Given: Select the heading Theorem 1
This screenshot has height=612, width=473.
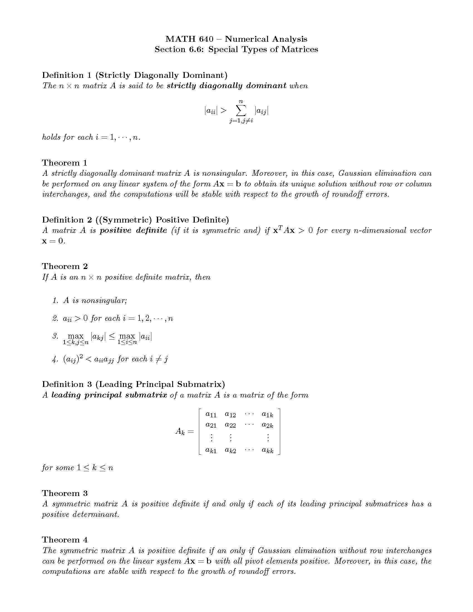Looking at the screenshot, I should [65, 163].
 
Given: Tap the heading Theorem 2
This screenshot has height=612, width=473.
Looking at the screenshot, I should [65, 266].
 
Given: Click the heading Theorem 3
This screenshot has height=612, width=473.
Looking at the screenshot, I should [65, 493].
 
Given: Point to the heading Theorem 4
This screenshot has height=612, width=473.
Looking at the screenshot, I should [65, 540].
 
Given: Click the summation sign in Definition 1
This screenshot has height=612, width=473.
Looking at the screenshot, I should [241, 111].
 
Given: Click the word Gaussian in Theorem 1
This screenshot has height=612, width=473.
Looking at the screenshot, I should [355, 174].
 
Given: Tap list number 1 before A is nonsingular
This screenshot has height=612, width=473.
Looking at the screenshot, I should [55, 301].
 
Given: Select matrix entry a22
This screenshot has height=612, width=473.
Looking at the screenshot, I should [230, 425].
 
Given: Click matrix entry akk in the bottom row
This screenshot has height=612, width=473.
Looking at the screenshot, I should [267, 450].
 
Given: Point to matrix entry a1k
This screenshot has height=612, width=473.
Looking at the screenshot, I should [267, 414].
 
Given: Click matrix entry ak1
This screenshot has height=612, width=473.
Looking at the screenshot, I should [211, 450].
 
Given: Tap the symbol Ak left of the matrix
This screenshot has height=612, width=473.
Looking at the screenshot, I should [180, 431].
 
